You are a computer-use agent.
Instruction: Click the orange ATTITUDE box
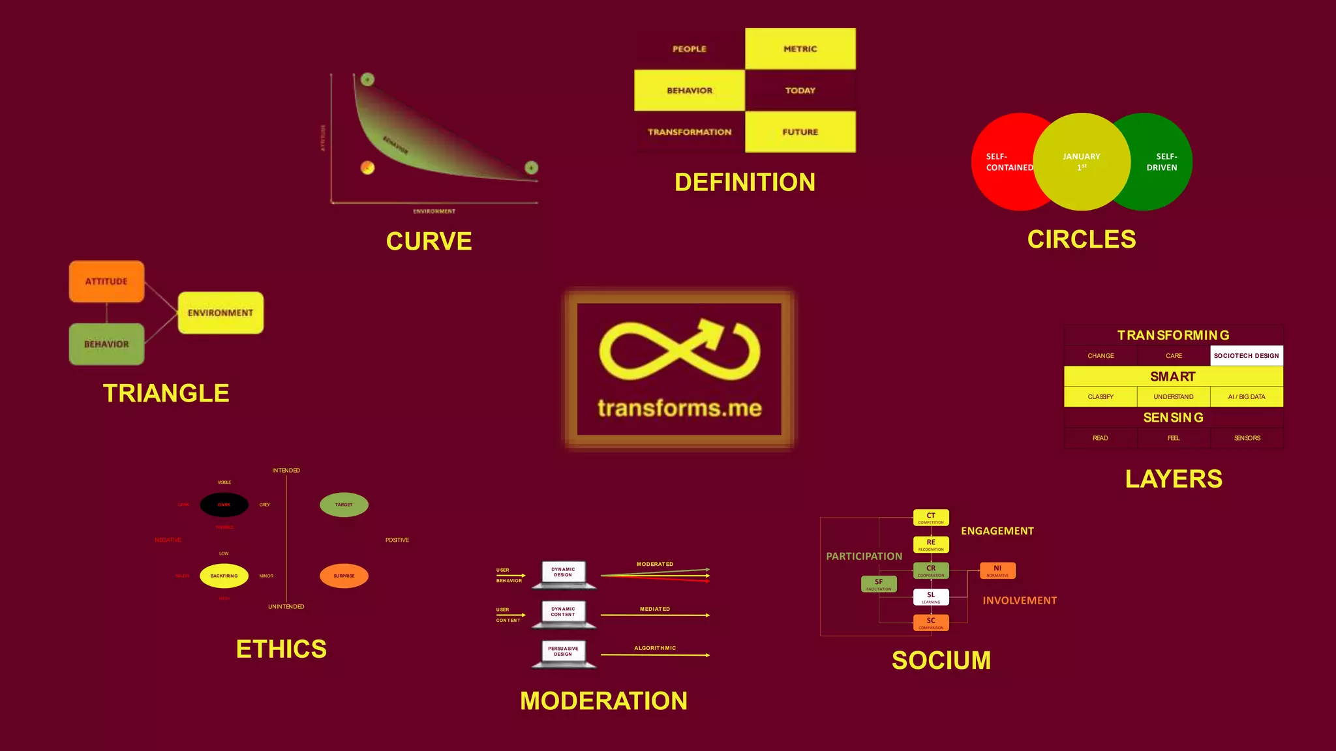[x=106, y=282]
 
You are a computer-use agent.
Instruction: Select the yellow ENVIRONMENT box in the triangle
[x=220, y=313]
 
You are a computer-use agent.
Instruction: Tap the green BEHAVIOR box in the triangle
[x=106, y=344]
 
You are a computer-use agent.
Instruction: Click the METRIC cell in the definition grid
[x=800, y=49]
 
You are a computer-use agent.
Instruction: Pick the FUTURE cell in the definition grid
[x=800, y=132]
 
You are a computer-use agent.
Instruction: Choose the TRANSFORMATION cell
[x=689, y=132]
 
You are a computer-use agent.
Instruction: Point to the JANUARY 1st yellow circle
[x=1082, y=162]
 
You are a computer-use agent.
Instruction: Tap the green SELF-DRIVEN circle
[x=1164, y=162]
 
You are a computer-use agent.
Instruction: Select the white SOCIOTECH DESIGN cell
[x=1246, y=356]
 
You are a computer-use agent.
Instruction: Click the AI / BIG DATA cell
[x=1246, y=397]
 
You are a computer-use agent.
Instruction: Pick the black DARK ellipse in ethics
[x=224, y=505]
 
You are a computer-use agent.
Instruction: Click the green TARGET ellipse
[x=344, y=505]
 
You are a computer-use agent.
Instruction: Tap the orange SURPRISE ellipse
[x=344, y=576]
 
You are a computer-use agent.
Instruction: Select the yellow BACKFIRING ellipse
[x=224, y=576]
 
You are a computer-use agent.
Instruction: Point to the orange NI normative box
[x=997, y=570]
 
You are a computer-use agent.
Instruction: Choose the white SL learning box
[x=931, y=596]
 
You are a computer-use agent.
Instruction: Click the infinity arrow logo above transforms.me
[x=679, y=350]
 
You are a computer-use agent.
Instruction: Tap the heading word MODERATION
[x=603, y=701]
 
